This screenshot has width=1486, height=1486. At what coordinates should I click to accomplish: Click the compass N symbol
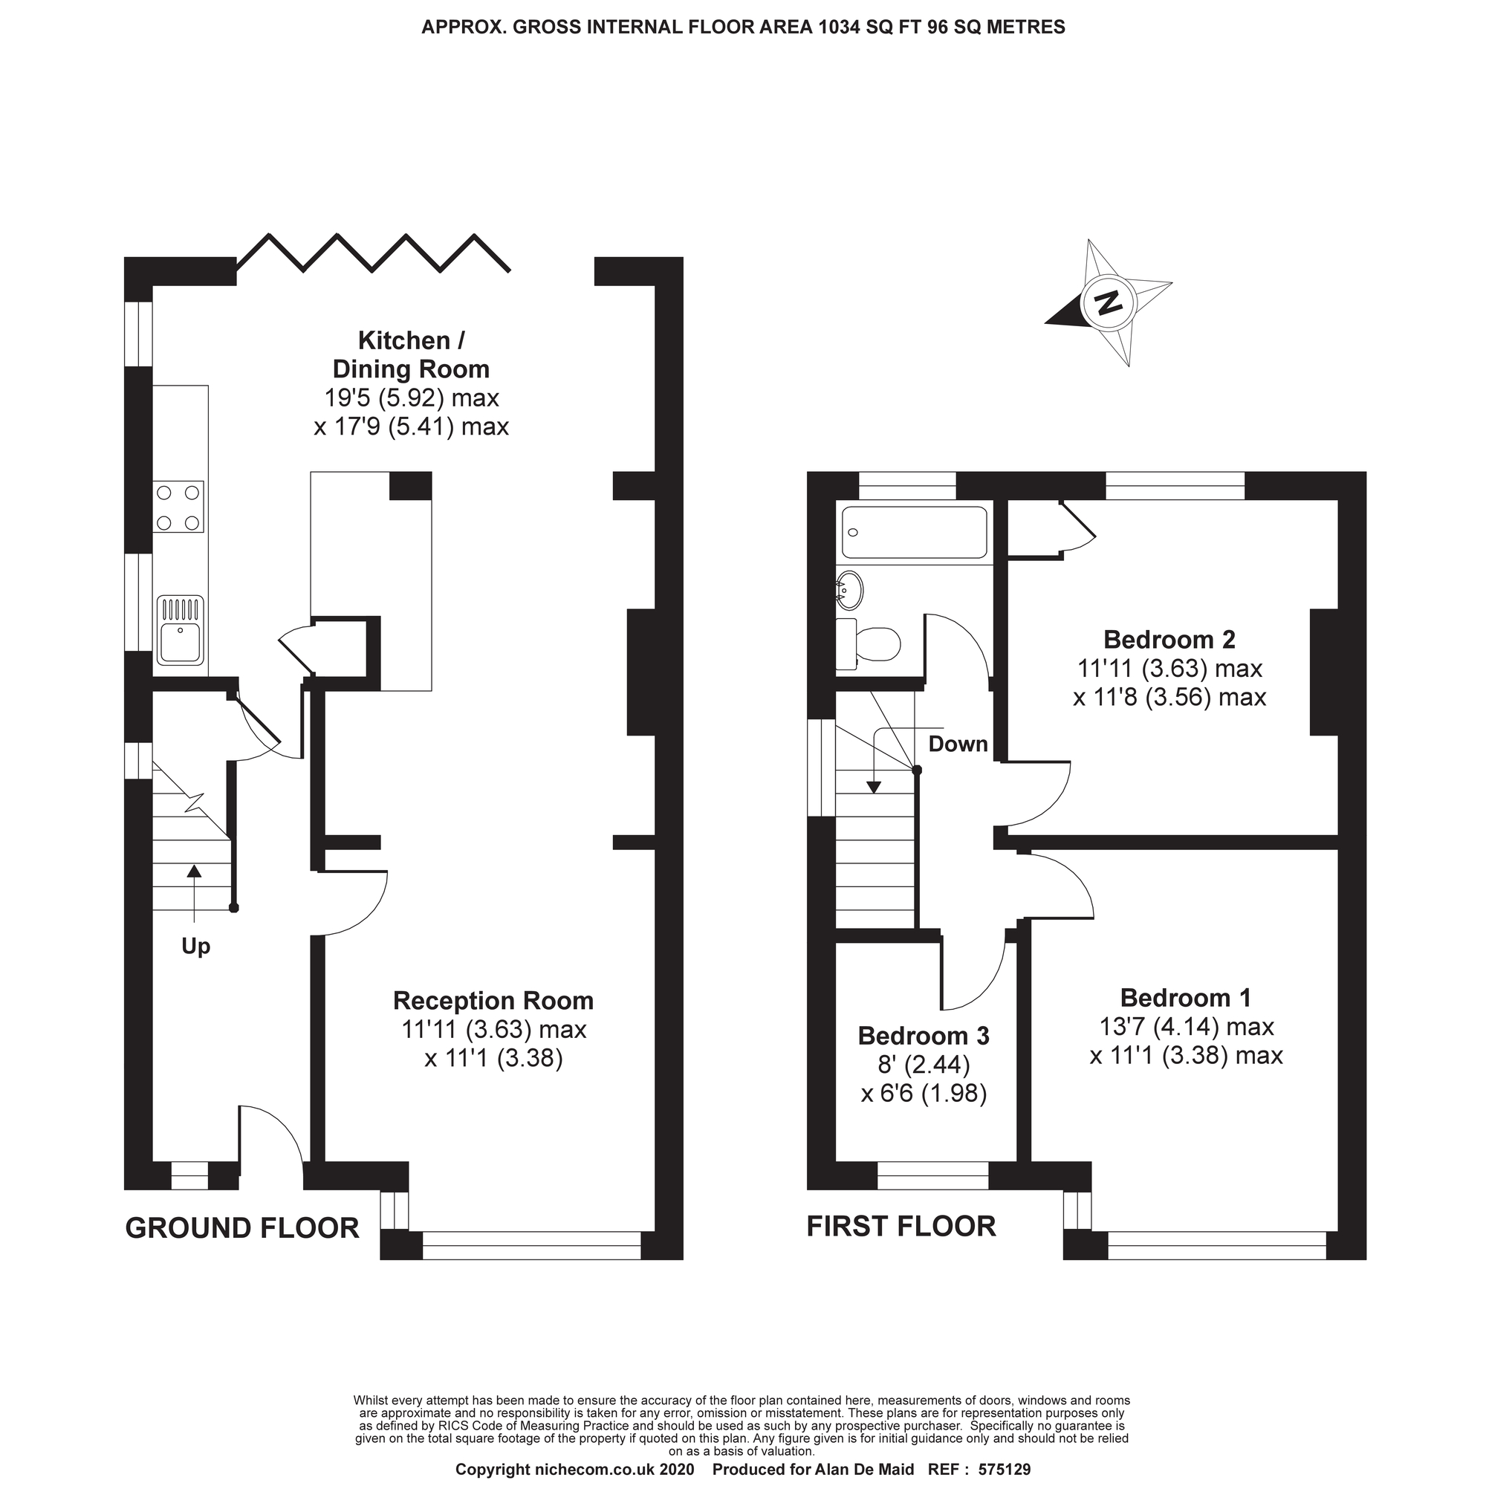click(1108, 303)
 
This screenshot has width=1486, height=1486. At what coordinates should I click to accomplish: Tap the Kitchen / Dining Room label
click(411, 354)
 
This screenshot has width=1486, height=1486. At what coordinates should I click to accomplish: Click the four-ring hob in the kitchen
click(178, 507)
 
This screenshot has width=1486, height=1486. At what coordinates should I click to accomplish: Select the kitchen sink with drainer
click(181, 631)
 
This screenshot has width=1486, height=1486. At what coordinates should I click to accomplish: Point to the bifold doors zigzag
click(373, 253)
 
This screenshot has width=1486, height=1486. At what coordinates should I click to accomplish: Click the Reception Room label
click(493, 1001)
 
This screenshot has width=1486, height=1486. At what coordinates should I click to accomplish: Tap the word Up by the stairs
click(195, 946)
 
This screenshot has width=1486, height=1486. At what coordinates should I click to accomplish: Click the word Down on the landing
click(958, 744)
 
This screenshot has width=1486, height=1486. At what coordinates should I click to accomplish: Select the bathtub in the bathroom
click(914, 531)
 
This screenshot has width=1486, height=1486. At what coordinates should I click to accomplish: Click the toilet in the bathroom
click(869, 643)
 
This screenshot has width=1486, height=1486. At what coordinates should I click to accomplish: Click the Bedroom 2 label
click(1168, 639)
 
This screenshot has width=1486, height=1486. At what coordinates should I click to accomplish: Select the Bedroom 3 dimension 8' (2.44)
click(924, 1065)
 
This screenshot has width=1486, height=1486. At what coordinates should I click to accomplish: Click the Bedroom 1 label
click(1185, 998)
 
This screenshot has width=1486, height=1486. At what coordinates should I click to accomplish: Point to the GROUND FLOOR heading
click(242, 1228)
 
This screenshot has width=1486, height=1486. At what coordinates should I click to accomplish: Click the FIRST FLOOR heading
click(901, 1226)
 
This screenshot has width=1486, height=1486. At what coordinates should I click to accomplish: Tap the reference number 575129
click(1004, 1470)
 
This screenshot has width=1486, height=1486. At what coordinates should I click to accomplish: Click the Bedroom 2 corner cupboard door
click(1077, 527)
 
